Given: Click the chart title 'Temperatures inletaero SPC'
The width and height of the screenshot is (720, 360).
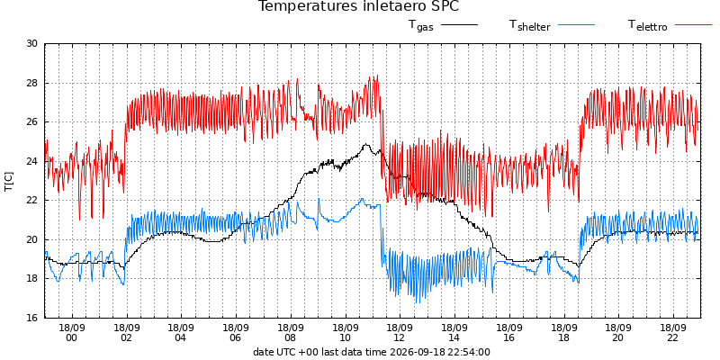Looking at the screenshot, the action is (x=358, y=6).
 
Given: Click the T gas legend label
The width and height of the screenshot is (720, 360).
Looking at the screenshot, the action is (x=421, y=25).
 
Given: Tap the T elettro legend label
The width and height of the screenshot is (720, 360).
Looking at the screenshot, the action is (x=647, y=25).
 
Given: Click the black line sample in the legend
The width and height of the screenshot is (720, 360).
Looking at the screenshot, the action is (x=459, y=25).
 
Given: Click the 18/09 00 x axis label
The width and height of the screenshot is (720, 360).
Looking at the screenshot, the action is (x=72, y=334).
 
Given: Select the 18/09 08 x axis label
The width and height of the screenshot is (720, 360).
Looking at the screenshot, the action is (x=291, y=334).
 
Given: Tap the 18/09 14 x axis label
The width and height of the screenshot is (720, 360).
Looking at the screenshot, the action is (x=454, y=334).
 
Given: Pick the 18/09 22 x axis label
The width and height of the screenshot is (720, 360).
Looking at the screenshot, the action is (x=673, y=334).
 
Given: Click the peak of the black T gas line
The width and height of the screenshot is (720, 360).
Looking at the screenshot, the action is (x=366, y=144).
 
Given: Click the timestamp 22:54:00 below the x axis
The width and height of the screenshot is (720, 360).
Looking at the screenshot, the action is (x=468, y=353).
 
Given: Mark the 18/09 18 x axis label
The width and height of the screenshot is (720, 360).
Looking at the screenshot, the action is (x=564, y=334).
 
